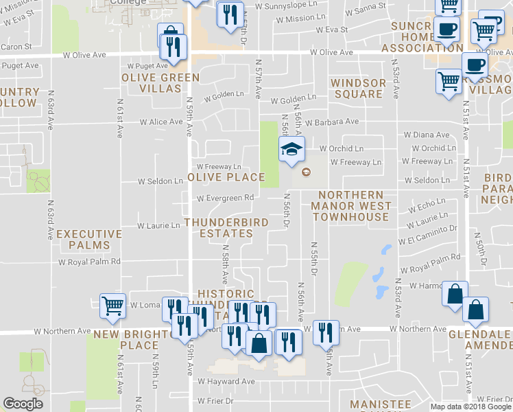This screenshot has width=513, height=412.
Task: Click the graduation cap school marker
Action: (x=291, y=148)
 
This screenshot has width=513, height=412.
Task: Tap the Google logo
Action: (x=23, y=404)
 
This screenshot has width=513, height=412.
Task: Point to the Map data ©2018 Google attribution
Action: (x=470, y=407)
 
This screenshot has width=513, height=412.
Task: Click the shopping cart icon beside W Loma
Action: (x=112, y=306)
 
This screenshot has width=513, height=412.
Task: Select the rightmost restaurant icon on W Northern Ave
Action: (x=326, y=332)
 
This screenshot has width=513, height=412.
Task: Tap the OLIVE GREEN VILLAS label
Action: (x=151, y=82)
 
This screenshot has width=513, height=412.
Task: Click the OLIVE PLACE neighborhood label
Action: (x=226, y=177)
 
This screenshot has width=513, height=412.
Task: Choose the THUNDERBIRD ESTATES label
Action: (x=218, y=228)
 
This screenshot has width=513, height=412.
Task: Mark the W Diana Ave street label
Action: (x=427, y=135)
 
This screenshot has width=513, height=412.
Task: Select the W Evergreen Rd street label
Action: (x=226, y=198)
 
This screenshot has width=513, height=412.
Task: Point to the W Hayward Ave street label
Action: (x=226, y=381)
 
